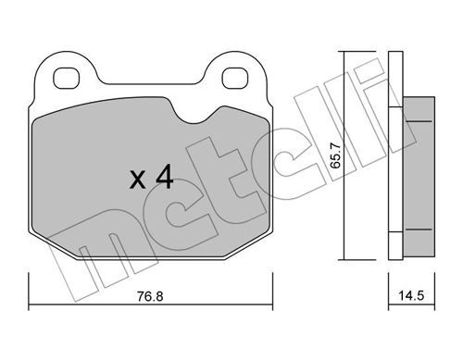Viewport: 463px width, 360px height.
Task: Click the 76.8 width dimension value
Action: (150, 296)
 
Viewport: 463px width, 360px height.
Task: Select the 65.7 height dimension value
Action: (335, 155)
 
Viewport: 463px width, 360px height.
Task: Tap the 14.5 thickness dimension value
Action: (411, 296)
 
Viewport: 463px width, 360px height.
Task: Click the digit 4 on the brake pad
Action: (164, 176)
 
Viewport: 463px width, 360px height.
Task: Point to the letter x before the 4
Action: (137, 180)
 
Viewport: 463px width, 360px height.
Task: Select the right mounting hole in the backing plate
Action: (235, 78)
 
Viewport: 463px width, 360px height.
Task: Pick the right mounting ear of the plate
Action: (235, 72)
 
